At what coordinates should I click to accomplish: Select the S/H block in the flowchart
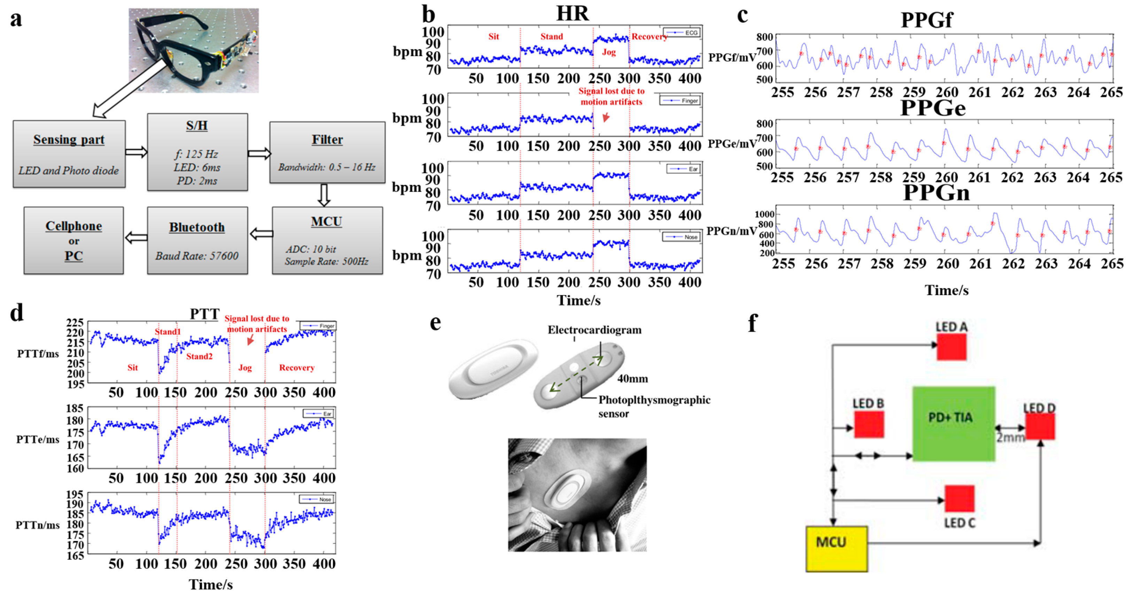[x=197, y=152]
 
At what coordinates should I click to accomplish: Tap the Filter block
[x=327, y=152]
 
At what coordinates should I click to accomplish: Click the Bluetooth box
[x=197, y=240]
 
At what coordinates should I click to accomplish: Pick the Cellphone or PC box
[x=73, y=240]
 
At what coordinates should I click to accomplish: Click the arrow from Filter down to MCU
[x=324, y=195]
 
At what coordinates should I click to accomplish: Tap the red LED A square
[x=951, y=347]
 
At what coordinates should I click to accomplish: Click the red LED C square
[x=959, y=498]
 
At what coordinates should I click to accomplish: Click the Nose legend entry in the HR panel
[x=682, y=237]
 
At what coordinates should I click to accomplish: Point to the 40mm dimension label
[x=632, y=379]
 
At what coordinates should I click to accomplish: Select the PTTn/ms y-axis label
[x=37, y=525]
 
